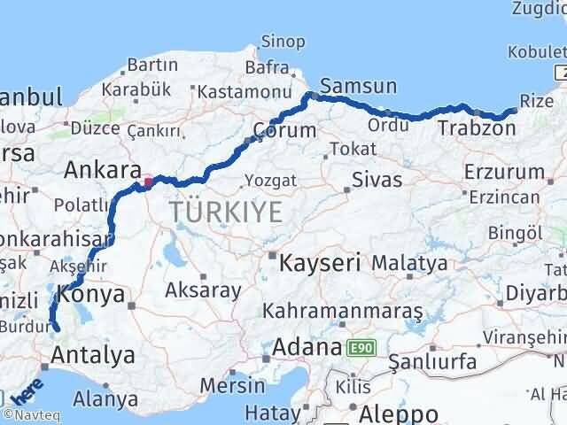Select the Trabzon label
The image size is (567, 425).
(x=477, y=129)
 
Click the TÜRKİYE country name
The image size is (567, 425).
(x=227, y=212)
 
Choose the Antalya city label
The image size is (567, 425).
(x=93, y=356)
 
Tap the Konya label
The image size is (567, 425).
(x=89, y=295)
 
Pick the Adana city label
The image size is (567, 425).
(x=308, y=346)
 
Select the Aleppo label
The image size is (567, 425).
(x=399, y=413)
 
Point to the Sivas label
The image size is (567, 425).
(x=377, y=180)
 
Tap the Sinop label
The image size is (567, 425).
(x=283, y=42)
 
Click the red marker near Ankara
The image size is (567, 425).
(x=148, y=183)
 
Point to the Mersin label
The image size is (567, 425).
(x=233, y=385)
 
